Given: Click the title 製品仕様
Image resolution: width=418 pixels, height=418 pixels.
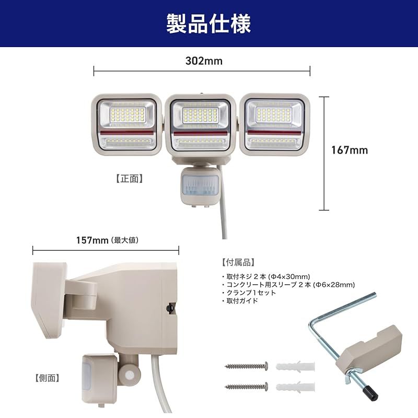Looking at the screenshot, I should (209, 24).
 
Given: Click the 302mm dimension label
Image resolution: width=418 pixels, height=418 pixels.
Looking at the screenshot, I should (204, 61).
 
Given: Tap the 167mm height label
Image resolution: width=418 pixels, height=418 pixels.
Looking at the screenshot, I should (350, 150).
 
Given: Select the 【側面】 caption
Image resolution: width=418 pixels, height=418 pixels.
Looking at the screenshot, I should (47, 377).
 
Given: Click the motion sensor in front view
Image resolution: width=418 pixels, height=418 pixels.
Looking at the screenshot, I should (200, 186).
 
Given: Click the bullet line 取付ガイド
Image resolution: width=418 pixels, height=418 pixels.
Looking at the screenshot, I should (242, 301).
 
